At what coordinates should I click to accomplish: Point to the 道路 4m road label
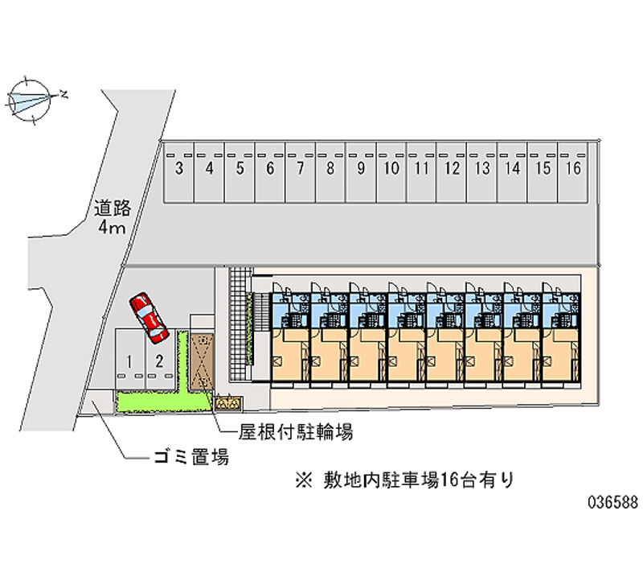tap(112, 217)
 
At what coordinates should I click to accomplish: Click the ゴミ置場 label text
tap(191, 459)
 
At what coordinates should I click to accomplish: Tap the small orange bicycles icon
tap(228, 401)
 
